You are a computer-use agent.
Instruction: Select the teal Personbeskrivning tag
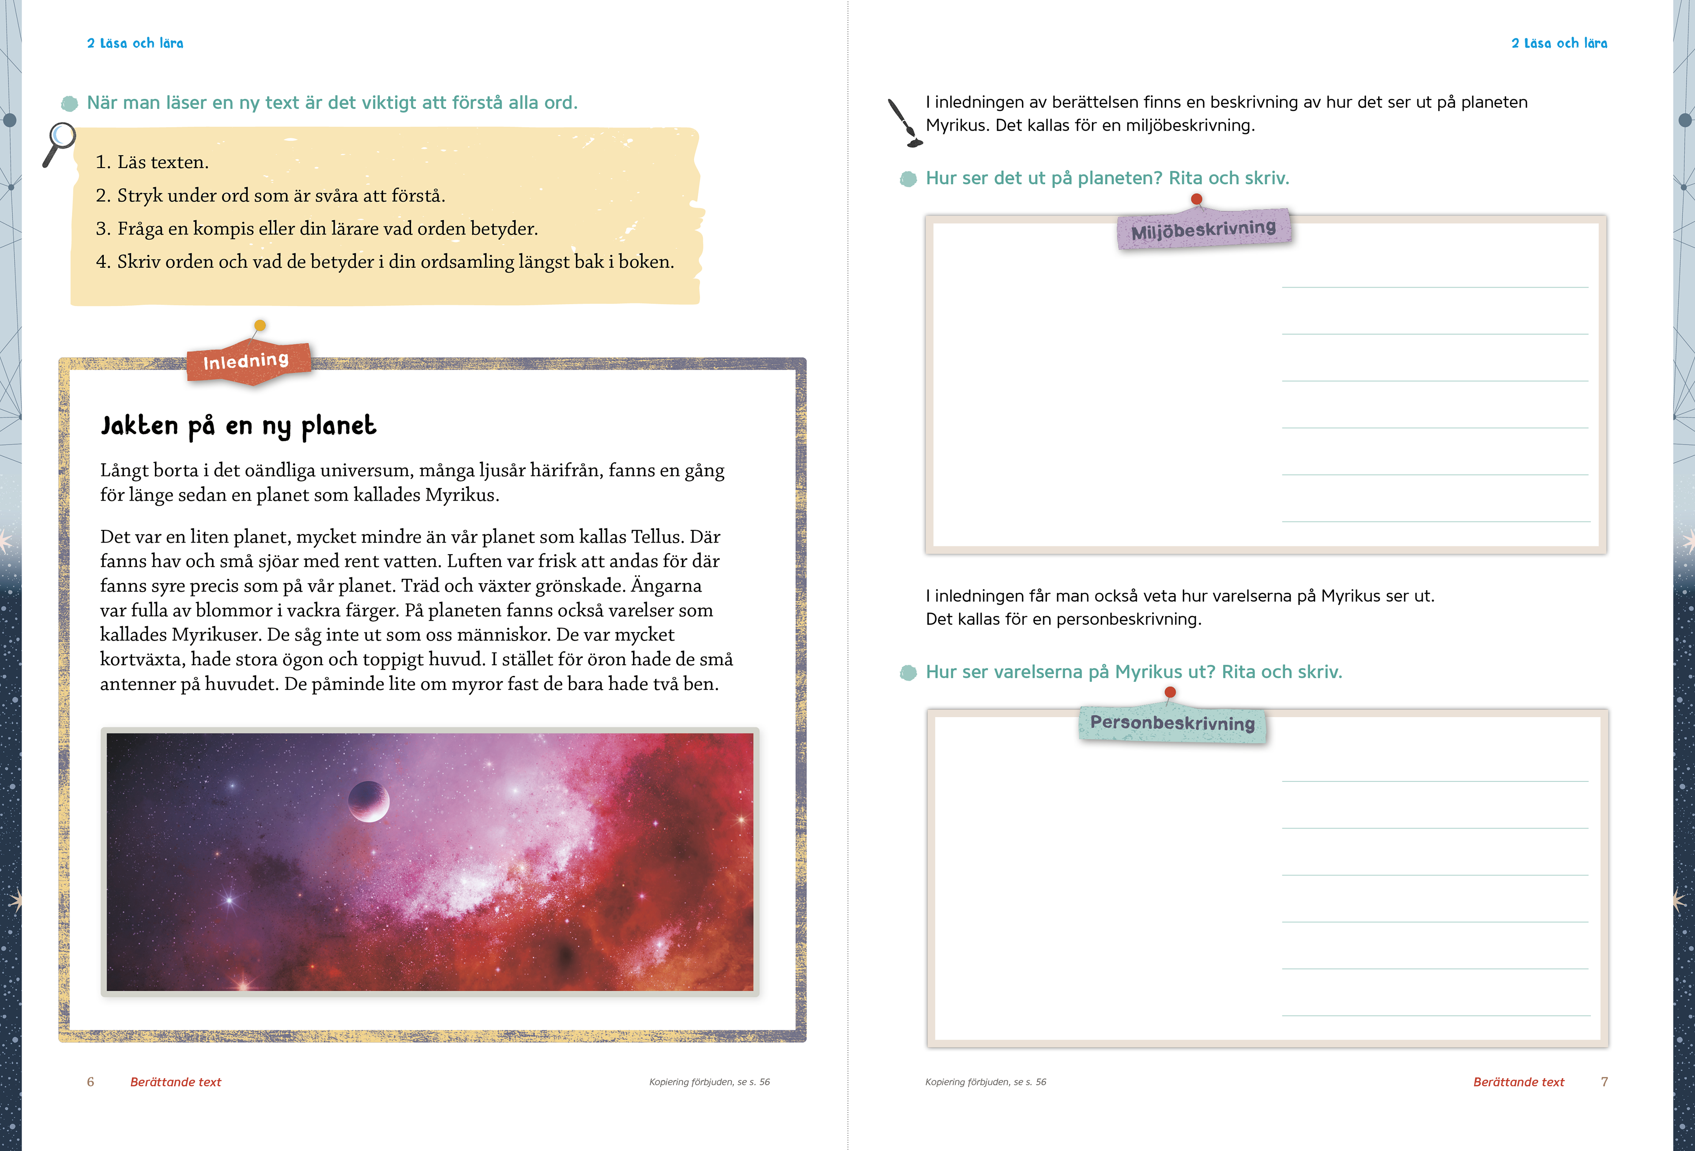click(x=1172, y=723)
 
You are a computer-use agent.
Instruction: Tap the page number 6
click(x=90, y=1082)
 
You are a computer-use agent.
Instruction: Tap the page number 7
click(x=1604, y=1082)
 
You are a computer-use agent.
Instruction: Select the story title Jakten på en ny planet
click(x=238, y=426)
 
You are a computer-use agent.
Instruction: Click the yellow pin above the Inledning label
click(x=260, y=326)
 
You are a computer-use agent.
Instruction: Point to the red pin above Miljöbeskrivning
click(x=1196, y=199)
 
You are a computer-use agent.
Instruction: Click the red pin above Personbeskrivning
click(x=1170, y=692)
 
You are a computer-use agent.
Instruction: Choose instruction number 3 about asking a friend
click(x=316, y=229)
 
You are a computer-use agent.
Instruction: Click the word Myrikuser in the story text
click(x=216, y=635)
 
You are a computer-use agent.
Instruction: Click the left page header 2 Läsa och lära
click(x=135, y=43)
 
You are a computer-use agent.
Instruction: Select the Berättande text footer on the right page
click(x=1518, y=1082)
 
